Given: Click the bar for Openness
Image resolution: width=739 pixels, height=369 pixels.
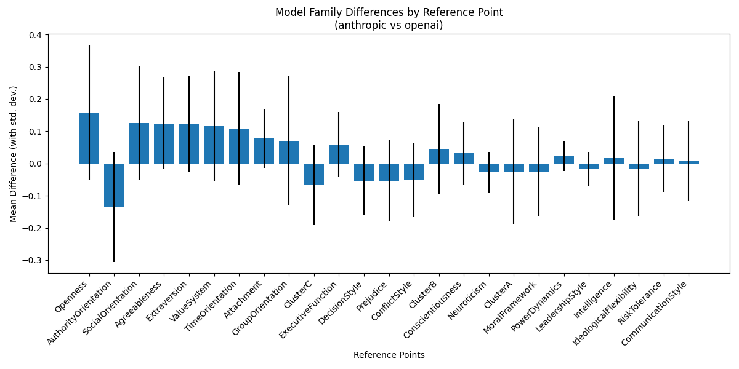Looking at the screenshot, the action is click(89, 138).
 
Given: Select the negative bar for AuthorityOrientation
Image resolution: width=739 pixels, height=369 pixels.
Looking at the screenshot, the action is click(114, 185).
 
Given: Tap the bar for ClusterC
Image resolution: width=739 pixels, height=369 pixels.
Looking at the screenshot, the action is click(314, 174).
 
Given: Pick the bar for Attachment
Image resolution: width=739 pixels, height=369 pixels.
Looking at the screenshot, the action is click(264, 151).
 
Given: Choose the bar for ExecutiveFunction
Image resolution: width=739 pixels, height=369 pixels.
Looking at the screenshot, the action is click(339, 154).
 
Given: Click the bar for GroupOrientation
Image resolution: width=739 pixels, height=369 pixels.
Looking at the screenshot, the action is click(289, 153).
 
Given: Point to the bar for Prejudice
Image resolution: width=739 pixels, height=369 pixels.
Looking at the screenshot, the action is click(389, 172).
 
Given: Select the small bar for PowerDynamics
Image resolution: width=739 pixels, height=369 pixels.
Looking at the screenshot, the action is click(564, 160).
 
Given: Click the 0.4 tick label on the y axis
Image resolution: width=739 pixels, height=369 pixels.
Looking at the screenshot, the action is click(35, 35).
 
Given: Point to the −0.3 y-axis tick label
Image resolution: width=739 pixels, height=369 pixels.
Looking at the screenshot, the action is click(31, 261).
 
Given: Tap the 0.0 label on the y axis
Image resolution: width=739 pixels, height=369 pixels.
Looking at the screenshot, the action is click(35, 164).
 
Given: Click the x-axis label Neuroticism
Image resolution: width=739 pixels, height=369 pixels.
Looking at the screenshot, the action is click(467, 300).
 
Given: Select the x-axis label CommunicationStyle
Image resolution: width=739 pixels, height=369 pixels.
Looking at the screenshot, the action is click(654, 313).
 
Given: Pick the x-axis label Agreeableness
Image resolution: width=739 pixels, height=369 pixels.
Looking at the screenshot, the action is click(138, 304).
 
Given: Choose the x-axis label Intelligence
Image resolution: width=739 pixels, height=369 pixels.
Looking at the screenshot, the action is click(593, 300).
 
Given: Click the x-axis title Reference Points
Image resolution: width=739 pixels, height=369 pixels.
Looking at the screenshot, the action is click(389, 355).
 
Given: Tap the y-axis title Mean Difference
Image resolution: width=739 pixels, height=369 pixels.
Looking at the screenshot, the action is click(13, 154).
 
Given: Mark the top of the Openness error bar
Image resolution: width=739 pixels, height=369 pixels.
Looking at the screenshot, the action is click(89, 45).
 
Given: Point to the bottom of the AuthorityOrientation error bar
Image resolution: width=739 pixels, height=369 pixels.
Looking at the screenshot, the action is click(114, 261).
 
